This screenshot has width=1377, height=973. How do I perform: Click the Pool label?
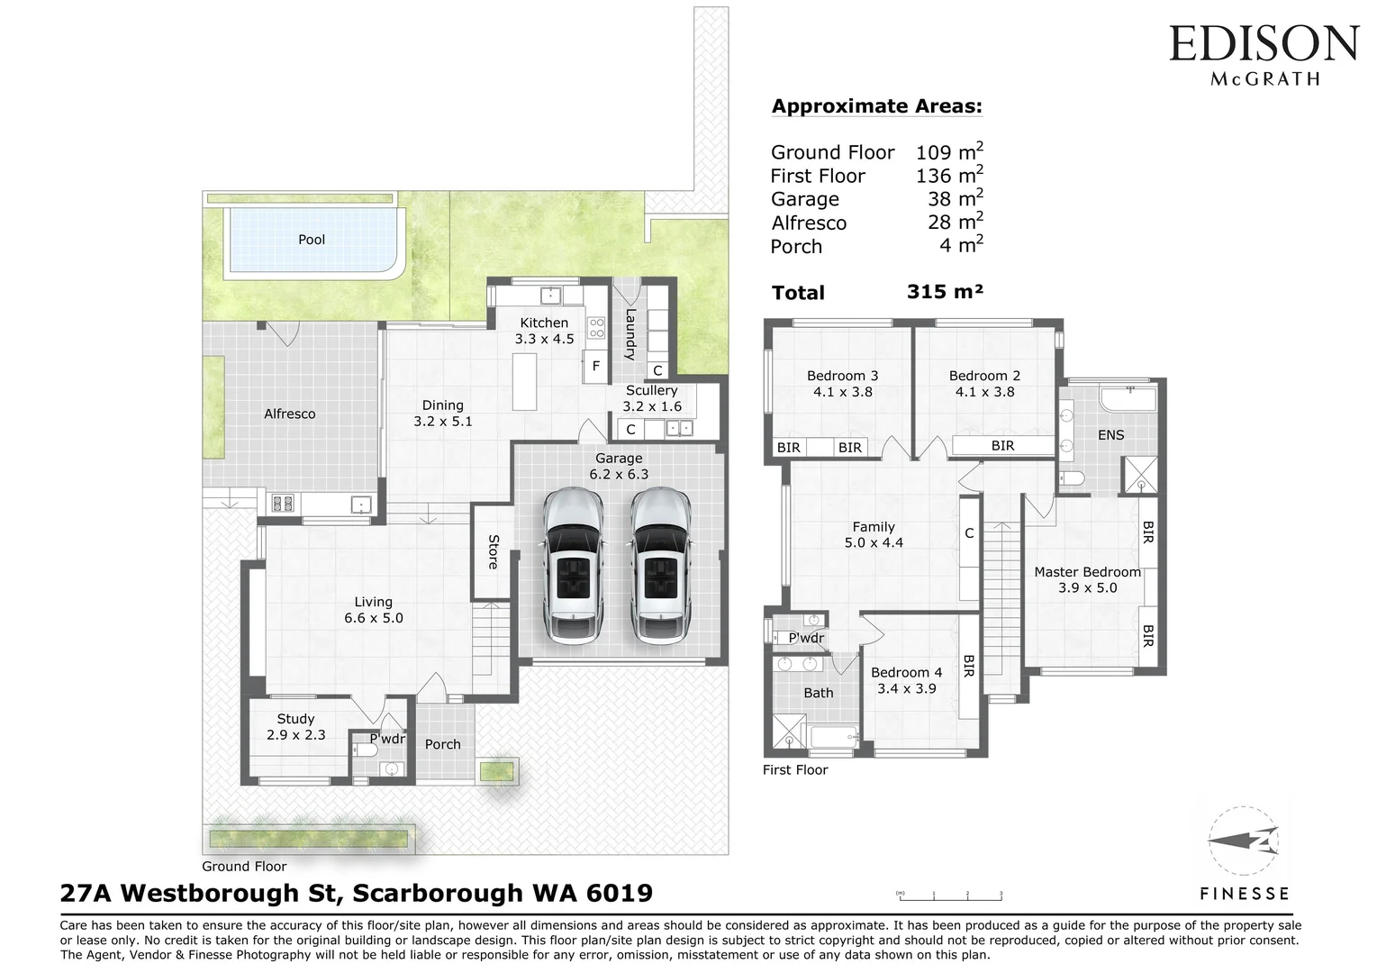click(x=312, y=240)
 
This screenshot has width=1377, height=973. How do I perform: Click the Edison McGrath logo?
click(x=1264, y=54)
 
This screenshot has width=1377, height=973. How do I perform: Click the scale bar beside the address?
click(x=949, y=896)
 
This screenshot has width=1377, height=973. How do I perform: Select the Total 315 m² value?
click(x=945, y=292)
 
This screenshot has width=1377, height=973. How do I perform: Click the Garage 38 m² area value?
click(x=955, y=199)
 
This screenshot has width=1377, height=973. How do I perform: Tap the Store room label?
click(x=493, y=551)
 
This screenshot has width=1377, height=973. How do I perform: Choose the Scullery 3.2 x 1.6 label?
click(x=651, y=398)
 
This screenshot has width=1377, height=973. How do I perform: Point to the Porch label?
click(x=442, y=744)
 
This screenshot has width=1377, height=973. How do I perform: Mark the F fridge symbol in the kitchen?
click(x=595, y=367)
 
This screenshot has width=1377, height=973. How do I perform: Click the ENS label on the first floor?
click(x=1110, y=435)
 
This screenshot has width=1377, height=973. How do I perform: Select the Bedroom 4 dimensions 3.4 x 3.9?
click(x=906, y=688)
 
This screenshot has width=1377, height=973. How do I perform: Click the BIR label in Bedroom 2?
click(x=1002, y=446)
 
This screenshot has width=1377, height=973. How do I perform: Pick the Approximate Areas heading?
click(x=876, y=106)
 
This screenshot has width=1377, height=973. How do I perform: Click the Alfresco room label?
click(x=289, y=414)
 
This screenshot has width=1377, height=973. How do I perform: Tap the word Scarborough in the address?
click(x=438, y=893)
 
